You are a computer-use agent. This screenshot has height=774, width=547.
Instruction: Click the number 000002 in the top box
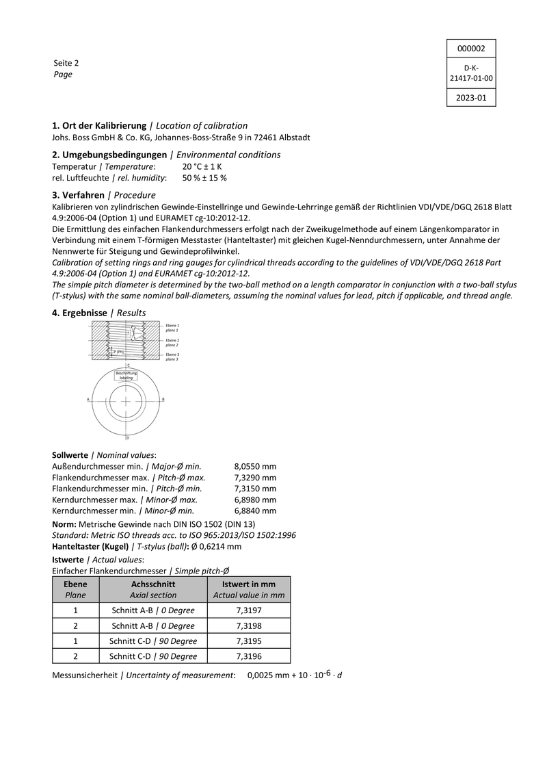470,49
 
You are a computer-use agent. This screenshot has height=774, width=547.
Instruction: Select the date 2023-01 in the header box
470,98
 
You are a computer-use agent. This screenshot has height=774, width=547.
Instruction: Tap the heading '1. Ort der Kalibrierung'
99,126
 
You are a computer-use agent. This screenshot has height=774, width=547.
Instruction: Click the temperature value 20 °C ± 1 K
202,166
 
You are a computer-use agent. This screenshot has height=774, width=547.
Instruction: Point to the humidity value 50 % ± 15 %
204,178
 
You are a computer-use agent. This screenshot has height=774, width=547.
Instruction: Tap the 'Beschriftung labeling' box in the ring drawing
126,375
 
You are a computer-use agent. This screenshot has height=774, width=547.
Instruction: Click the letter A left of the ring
88,398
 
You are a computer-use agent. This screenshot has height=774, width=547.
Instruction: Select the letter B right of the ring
163,398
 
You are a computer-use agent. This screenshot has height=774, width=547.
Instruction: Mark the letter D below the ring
127,437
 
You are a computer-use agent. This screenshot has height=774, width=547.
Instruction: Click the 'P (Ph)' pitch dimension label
118,352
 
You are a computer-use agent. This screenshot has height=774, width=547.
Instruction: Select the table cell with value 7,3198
249,625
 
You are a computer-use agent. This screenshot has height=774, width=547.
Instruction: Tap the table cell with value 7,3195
249,641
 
